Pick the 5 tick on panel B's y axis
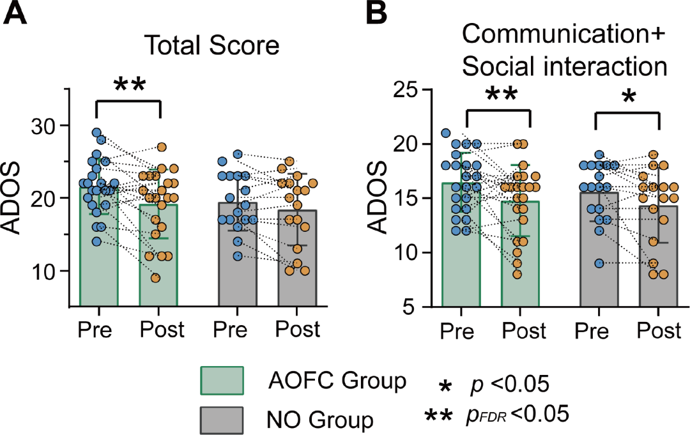click(416, 307)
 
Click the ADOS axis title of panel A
click(18, 198)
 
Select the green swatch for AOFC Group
click(221, 381)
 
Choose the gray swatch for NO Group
click(221, 420)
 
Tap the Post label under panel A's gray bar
click(298, 330)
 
